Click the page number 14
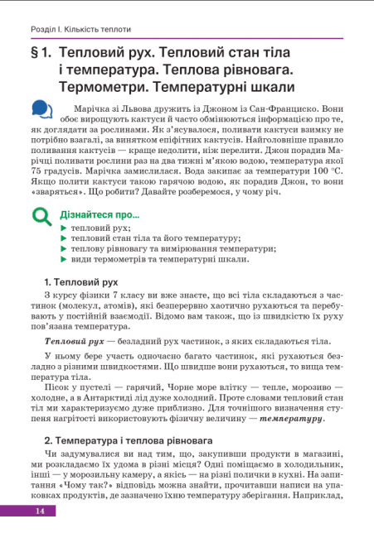tap(38, 511)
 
